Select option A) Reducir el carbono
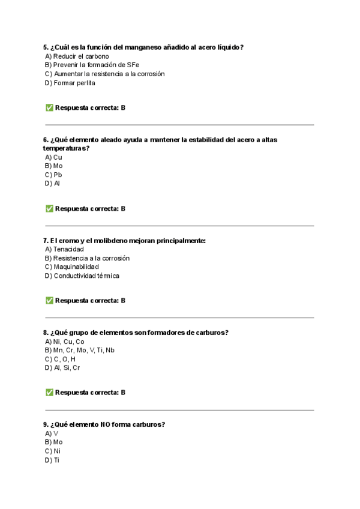(x=77, y=56)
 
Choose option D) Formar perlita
(x=70, y=83)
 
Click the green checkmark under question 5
(x=49, y=108)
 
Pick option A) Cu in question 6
(x=53, y=157)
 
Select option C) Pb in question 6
(x=53, y=175)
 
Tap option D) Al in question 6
(x=52, y=184)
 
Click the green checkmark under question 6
(x=49, y=209)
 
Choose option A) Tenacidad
(x=64, y=249)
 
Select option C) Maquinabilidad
(x=71, y=267)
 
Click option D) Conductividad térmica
(x=82, y=276)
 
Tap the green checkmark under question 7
(x=49, y=301)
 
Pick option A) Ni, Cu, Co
(x=64, y=342)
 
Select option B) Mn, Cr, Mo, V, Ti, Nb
(x=79, y=350)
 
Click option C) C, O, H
(x=60, y=359)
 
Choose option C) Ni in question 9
(x=53, y=451)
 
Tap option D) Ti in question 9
(x=52, y=460)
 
